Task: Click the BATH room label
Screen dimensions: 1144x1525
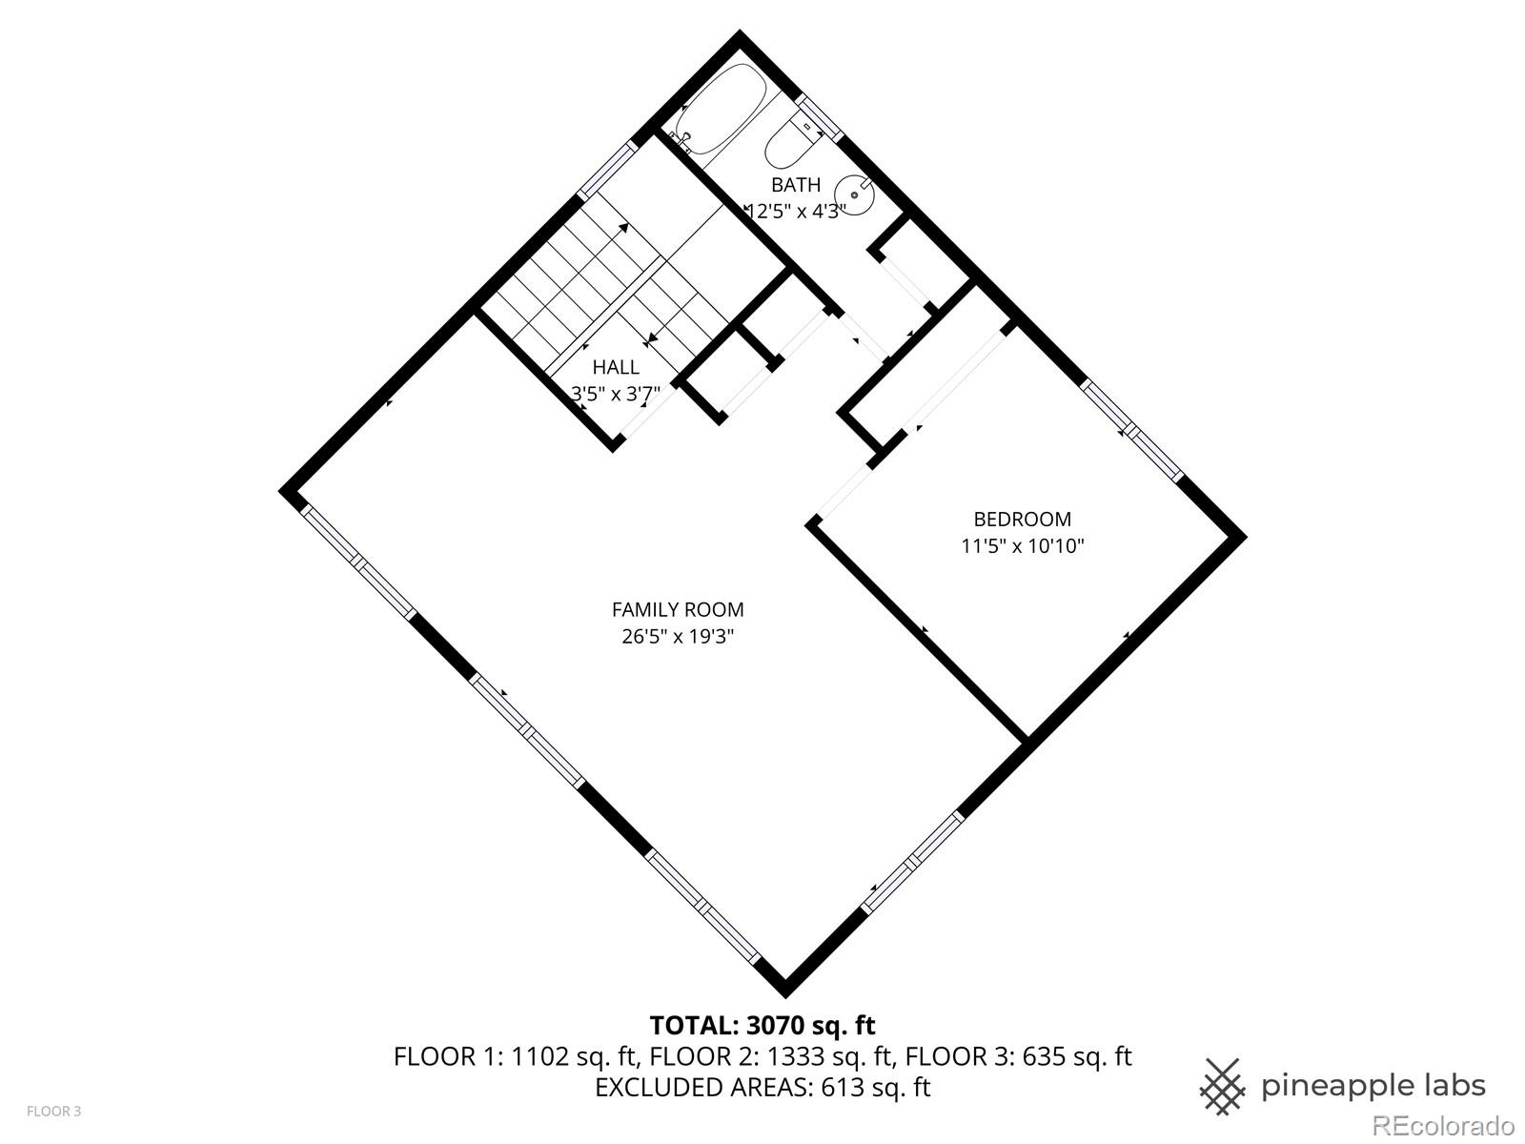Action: tap(795, 184)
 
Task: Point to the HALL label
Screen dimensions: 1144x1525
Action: tap(616, 367)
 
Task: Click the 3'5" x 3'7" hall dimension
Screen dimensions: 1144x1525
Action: tap(616, 392)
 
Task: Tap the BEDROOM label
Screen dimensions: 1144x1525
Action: tap(1022, 520)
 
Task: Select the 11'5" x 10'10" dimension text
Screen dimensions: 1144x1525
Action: tap(1022, 546)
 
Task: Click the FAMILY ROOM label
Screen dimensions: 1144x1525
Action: tap(678, 610)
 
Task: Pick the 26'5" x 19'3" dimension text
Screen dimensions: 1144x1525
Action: tap(678, 637)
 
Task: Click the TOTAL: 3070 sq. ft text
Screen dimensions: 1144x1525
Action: tap(762, 1026)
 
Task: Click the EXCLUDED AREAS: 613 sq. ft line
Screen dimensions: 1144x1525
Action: tap(762, 1087)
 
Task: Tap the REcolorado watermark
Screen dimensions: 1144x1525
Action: tap(1443, 1125)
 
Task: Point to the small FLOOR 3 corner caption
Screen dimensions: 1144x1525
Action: tap(53, 1112)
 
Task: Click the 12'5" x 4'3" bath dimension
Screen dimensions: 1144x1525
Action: tap(795, 211)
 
